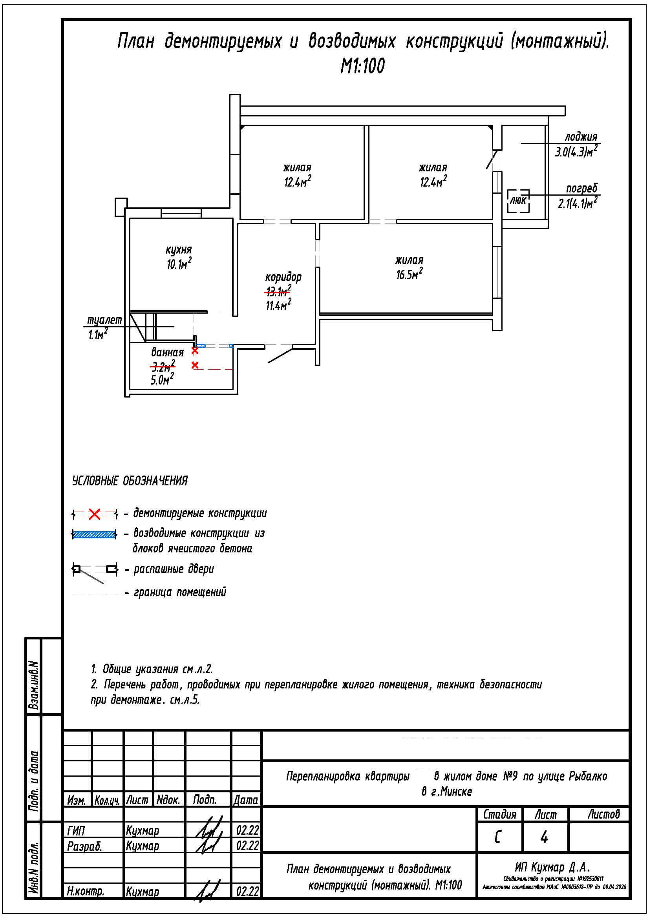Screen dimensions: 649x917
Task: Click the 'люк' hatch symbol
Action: point(518,201)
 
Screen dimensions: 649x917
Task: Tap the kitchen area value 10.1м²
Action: point(179,263)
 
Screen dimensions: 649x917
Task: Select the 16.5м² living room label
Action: point(410,274)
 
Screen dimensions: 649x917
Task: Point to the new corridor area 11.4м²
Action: point(278,305)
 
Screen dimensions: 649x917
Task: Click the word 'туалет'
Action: point(104,320)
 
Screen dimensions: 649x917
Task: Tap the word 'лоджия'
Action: point(581,136)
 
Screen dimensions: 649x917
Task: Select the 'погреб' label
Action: point(582,189)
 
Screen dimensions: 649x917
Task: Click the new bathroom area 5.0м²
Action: point(162,379)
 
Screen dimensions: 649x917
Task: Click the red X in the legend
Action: point(94,514)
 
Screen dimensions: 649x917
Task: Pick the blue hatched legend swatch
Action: point(94,534)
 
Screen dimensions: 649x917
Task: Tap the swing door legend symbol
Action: point(95,571)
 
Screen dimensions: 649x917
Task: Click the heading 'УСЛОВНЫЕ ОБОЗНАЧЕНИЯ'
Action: point(130,481)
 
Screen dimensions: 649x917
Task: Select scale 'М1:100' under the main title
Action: point(362,65)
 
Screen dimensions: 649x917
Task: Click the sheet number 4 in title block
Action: point(544,837)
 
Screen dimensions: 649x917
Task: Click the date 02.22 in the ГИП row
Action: point(247,830)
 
